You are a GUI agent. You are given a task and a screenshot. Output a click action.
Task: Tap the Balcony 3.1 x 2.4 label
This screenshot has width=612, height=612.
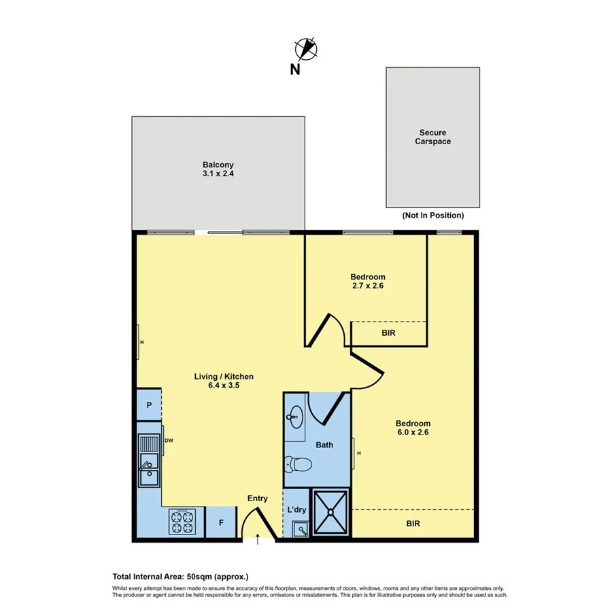coord(218,169)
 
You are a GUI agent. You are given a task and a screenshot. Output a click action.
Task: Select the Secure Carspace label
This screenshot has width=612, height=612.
coord(433,137)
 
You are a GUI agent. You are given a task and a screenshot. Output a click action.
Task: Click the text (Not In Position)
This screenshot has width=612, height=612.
coord(432,216)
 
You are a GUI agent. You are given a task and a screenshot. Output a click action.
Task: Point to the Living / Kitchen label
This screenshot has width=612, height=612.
coord(224,381)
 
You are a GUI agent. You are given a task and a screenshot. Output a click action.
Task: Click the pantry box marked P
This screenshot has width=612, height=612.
coord(149,405)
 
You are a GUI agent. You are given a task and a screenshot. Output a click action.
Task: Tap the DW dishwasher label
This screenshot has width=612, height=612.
coord(169,441)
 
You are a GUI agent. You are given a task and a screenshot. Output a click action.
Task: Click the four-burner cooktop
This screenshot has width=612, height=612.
coord(182,523)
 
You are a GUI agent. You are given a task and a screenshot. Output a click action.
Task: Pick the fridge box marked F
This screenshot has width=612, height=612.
coord(220,524)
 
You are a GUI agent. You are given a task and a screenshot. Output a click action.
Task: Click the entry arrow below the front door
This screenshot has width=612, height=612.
coord(258,541)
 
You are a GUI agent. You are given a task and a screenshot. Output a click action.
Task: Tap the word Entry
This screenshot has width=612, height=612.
coord(257,499)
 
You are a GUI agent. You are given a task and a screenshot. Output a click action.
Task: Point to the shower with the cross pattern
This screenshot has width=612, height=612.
coord(330,514)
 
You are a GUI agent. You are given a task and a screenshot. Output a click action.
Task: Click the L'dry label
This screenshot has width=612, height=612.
coord(296,509)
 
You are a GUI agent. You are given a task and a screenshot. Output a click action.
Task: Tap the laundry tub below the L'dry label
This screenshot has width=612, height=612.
coord(300,530)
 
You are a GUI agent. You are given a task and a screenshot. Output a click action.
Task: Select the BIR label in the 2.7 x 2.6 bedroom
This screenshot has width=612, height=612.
coord(388,334)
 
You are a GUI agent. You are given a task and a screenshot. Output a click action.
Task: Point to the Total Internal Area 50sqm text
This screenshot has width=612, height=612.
coord(176,576)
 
